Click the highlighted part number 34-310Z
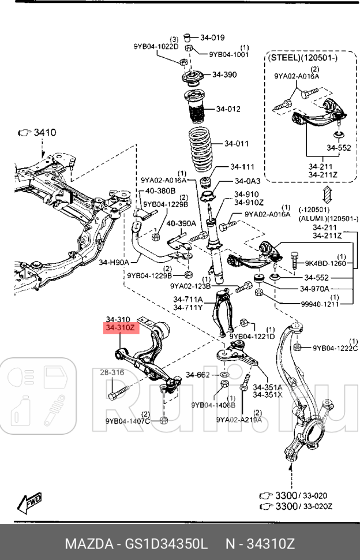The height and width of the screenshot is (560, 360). (x=120, y=328)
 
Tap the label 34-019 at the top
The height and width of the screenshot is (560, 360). (x=212, y=38)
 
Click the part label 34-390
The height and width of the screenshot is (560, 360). (x=224, y=74)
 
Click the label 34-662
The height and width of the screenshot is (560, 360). (x=201, y=375)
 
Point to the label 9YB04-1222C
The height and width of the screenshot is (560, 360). (x=335, y=348)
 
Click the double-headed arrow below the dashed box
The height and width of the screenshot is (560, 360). (x=326, y=193)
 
